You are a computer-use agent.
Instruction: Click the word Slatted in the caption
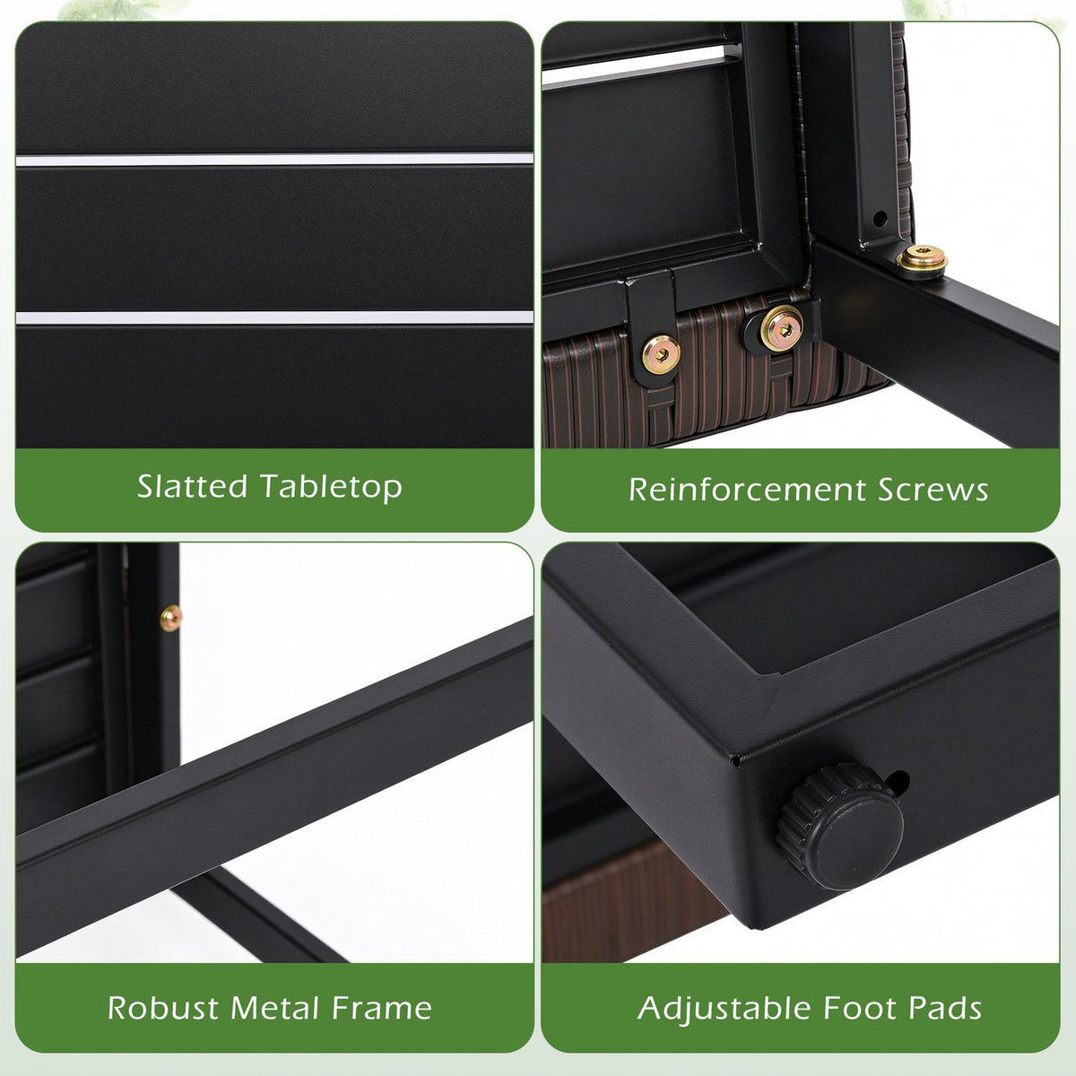click(x=192, y=486)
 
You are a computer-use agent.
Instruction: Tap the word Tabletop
click(x=332, y=487)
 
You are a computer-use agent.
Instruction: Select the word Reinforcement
click(x=748, y=490)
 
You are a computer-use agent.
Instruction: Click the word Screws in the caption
click(x=933, y=490)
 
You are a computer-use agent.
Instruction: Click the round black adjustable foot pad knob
click(x=839, y=827)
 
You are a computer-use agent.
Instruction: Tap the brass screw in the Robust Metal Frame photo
click(x=171, y=618)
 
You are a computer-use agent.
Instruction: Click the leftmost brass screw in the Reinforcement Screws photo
click(x=661, y=354)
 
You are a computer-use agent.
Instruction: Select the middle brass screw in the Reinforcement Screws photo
click(x=782, y=329)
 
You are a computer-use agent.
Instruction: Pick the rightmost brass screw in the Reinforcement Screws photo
click(x=922, y=259)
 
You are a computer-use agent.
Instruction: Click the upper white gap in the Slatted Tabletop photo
click(x=274, y=161)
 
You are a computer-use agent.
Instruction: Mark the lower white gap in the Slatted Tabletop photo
click(x=274, y=317)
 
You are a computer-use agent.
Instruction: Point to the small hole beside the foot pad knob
click(x=898, y=782)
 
